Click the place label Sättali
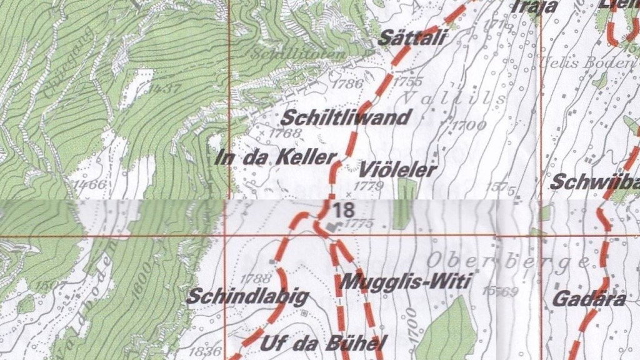(x=413, y=38)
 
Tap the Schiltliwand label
(x=346, y=117)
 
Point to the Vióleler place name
(x=397, y=169)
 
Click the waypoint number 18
(x=343, y=210)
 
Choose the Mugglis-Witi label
(x=404, y=282)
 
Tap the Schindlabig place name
(x=239, y=296)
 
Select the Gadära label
(x=589, y=299)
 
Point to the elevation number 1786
(x=348, y=84)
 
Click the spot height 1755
(x=409, y=81)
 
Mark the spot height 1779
(x=368, y=186)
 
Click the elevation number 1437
(x=165, y=89)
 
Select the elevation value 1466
(x=89, y=185)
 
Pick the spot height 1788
(x=256, y=279)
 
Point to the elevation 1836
(x=207, y=351)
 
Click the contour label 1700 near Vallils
(x=469, y=126)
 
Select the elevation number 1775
(x=359, y=224)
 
